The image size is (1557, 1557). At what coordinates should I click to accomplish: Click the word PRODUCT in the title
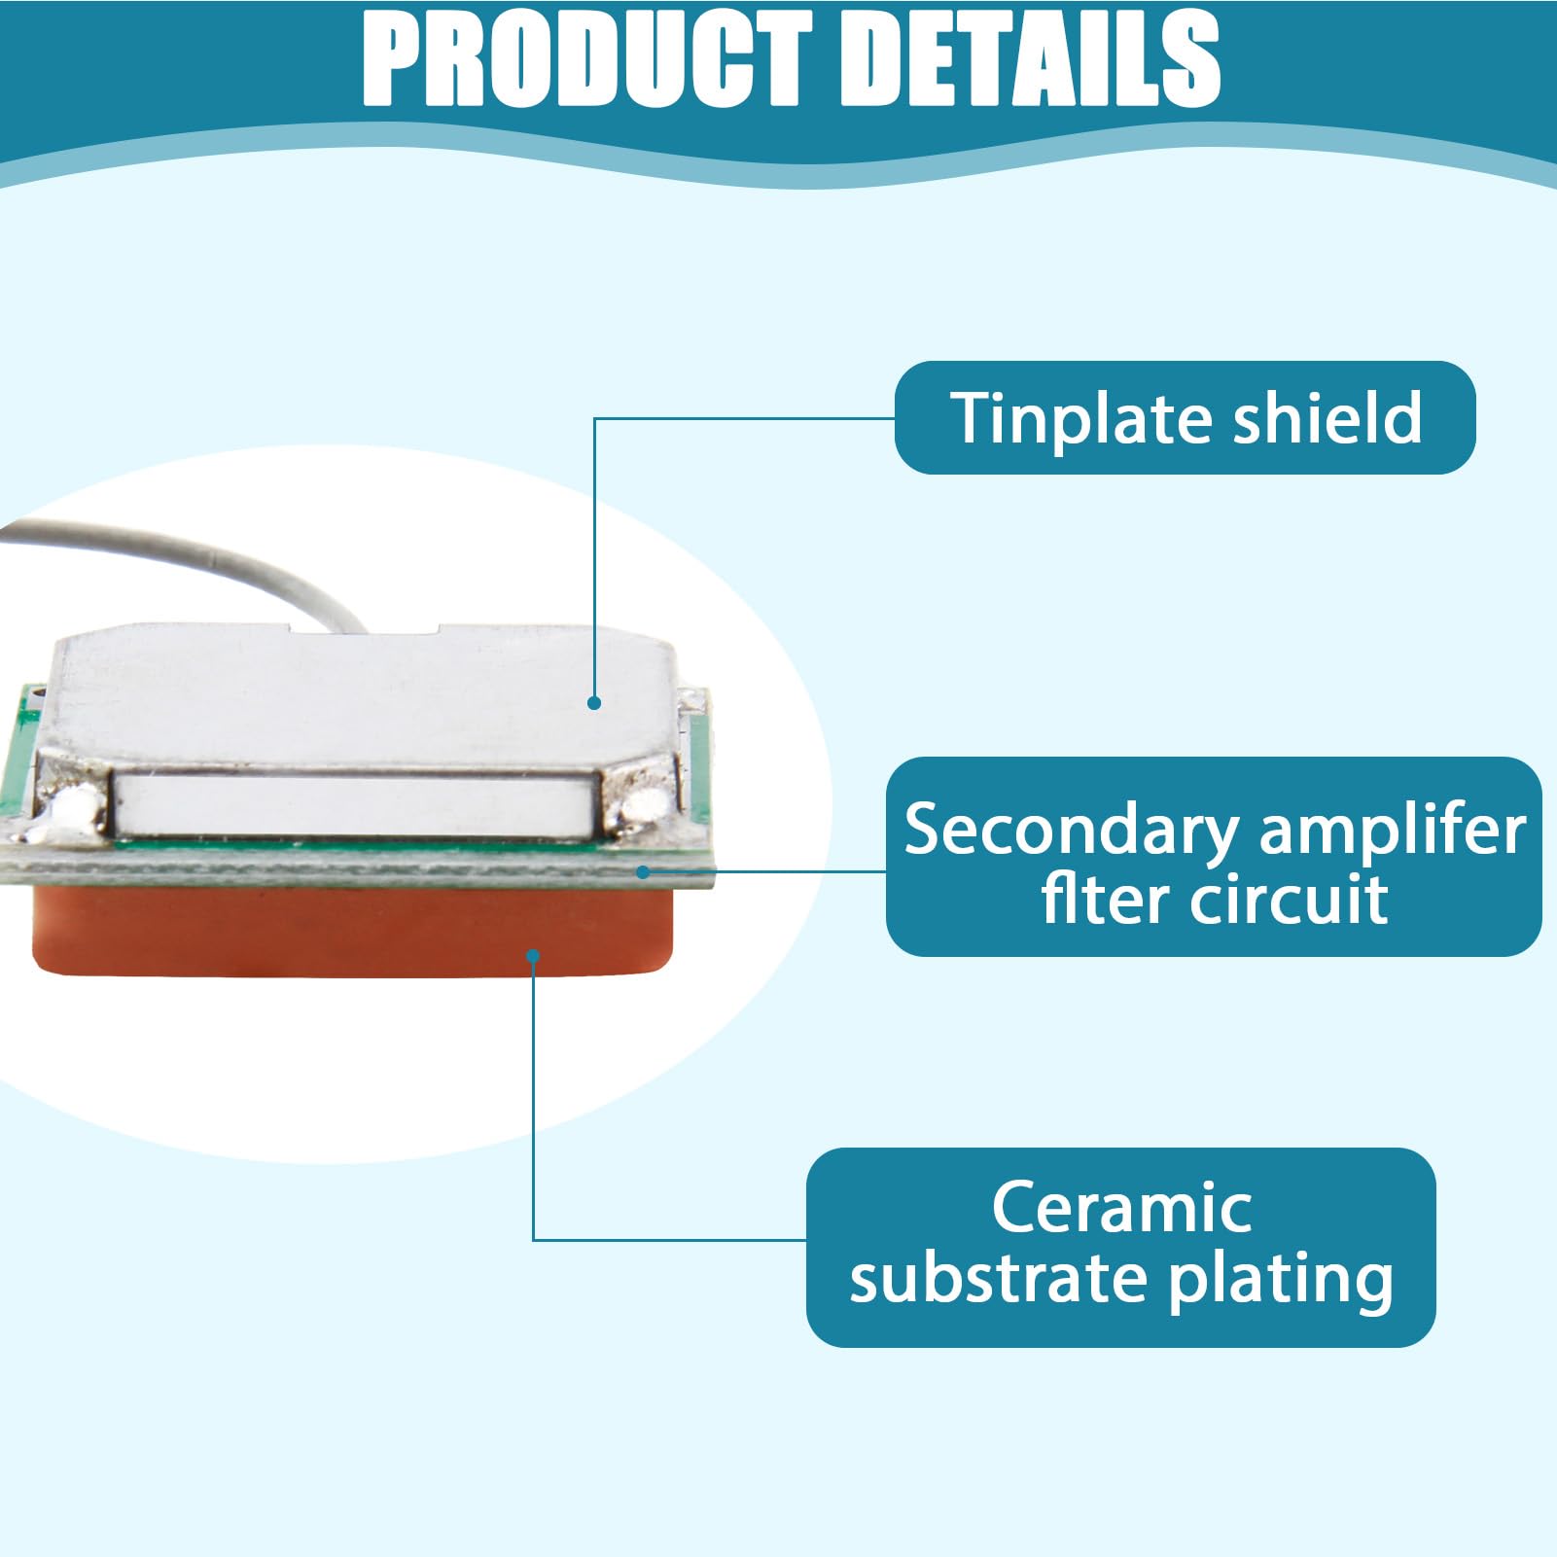586,59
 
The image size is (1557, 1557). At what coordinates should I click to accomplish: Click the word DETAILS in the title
1026,59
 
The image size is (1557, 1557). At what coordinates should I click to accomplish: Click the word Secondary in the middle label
1072,832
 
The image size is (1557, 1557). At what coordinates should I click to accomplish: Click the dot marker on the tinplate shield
594,702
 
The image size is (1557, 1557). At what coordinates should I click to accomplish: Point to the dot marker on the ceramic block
533,957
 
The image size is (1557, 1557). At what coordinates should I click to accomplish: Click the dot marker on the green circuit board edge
643,871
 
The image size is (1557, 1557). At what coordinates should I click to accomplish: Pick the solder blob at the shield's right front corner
641,804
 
